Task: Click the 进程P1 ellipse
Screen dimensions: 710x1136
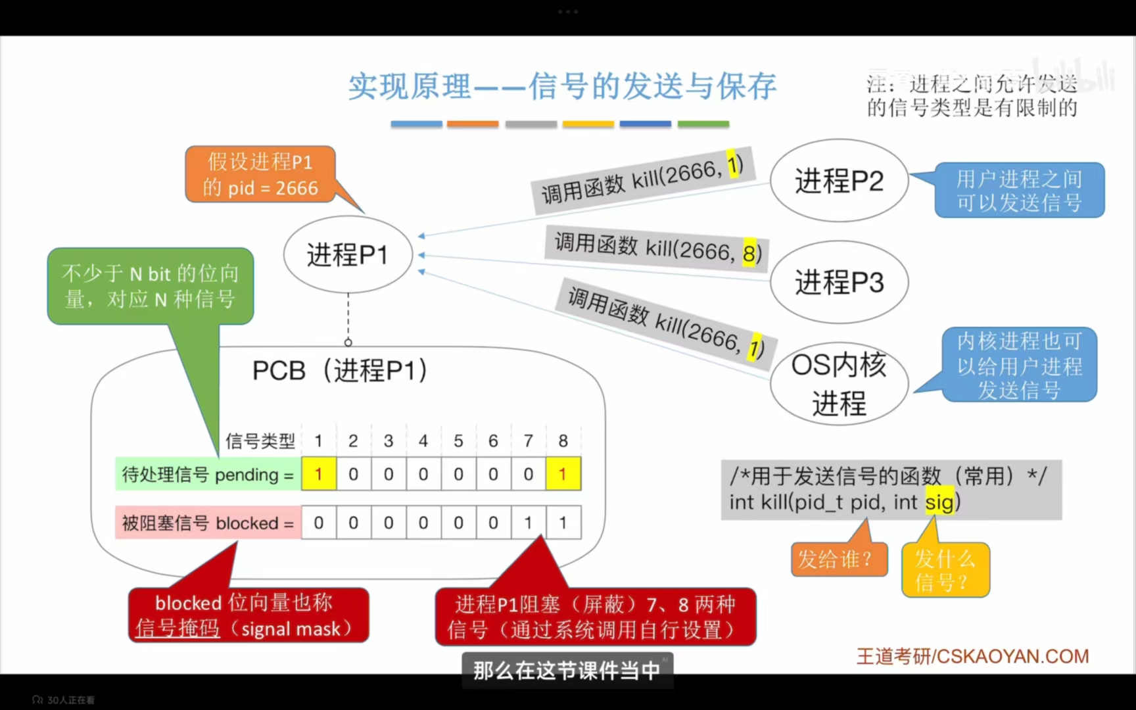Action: tap(348, 254)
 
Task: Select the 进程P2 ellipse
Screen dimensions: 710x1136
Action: tap(839, 180)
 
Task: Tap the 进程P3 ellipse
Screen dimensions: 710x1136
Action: tap(839, 282)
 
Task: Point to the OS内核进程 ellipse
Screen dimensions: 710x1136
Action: tap(839, 383)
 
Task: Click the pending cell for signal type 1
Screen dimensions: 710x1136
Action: tap(319, 474)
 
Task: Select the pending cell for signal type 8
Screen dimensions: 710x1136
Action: tap(563, 474)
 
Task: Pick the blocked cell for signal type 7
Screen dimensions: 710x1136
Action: tap(528, 523)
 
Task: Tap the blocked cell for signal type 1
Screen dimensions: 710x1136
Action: tap(319, 523)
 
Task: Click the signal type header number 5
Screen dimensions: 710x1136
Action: tap(458, 440)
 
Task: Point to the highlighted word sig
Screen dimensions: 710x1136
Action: tap(939, 502)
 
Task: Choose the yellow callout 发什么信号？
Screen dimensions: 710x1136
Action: tap(945, 570)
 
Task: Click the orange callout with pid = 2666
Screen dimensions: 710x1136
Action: tap(260, 174)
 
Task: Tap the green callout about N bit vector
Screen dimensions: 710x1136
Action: tap(150, 286)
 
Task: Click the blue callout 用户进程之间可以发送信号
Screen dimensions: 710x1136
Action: tap(1019, 190)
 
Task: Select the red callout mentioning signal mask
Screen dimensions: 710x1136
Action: tap(248, 615)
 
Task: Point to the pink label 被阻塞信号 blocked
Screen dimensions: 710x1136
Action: tap(208, 523)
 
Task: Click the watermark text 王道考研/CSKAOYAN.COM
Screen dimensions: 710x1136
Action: tap(972, 656)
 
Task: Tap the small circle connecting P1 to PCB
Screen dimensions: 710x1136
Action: tap(348, 343)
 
